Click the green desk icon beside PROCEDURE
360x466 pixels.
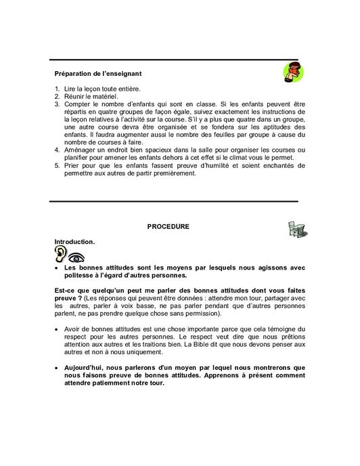[286, 228]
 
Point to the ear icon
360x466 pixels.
[61, 255]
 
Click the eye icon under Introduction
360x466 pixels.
[76, 257]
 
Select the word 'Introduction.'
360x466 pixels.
[75, 240]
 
